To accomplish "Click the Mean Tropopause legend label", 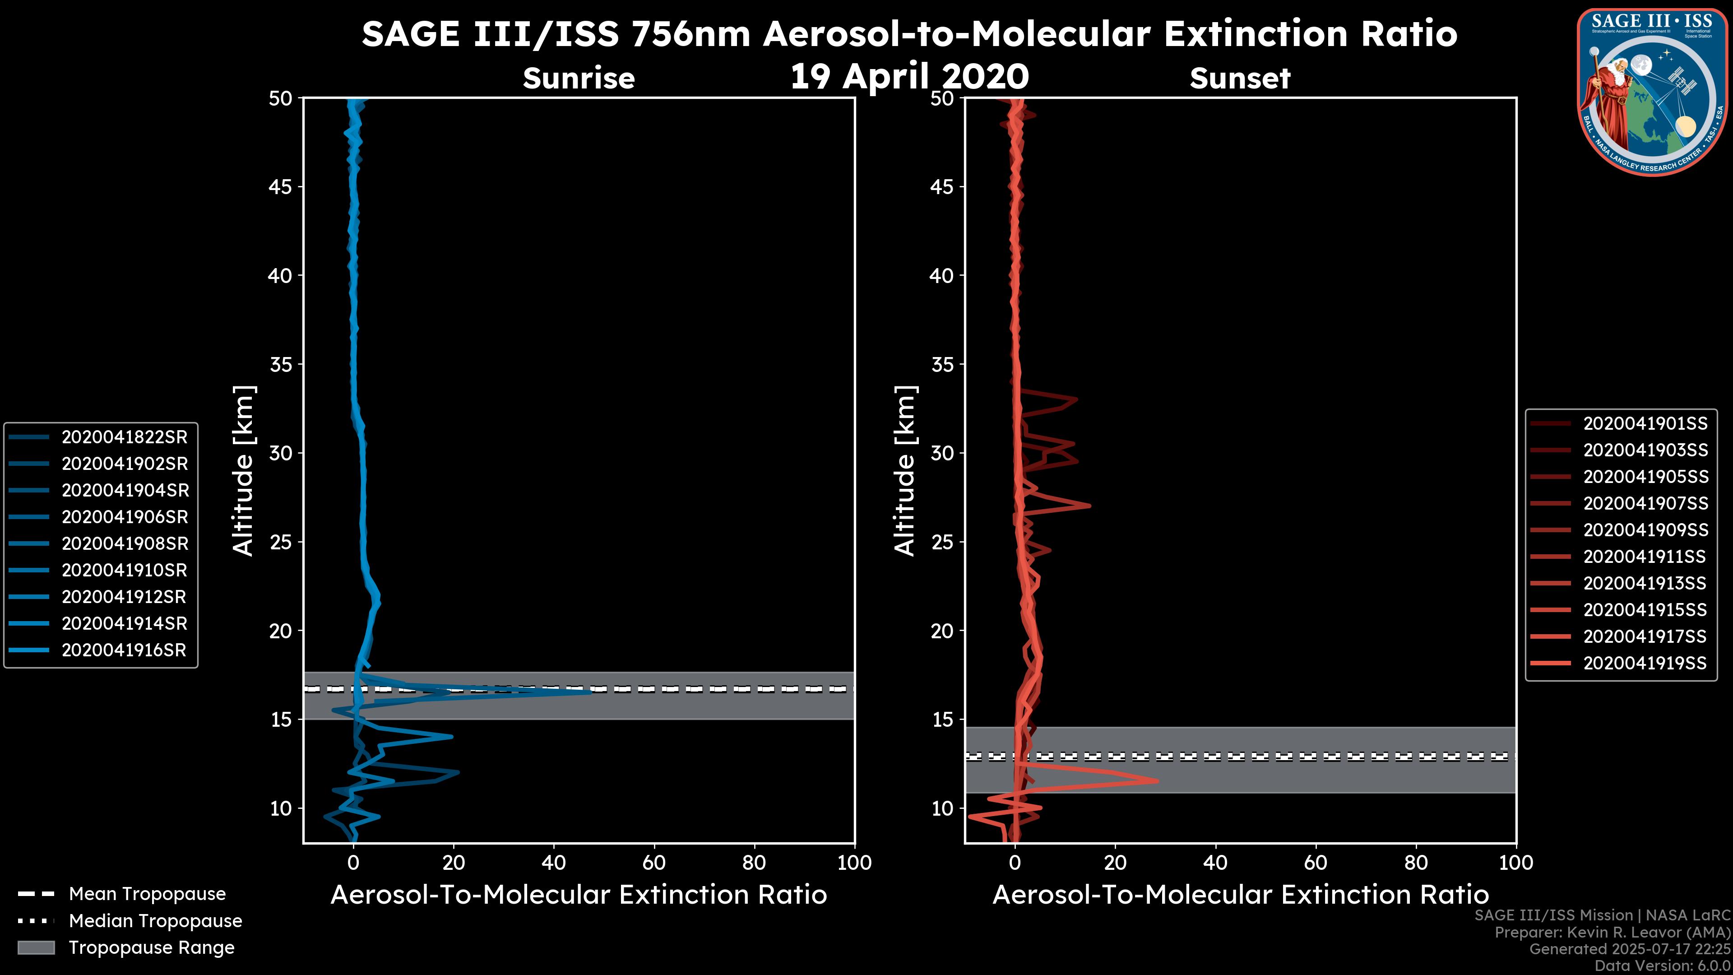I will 147,894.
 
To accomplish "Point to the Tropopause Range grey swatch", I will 36,947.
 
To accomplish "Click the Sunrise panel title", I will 579,79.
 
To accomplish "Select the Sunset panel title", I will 1240,79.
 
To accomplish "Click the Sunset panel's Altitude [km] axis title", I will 905,471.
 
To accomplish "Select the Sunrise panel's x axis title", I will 579,895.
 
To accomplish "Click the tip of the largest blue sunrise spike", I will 590,691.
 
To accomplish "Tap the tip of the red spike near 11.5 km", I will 1157,780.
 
